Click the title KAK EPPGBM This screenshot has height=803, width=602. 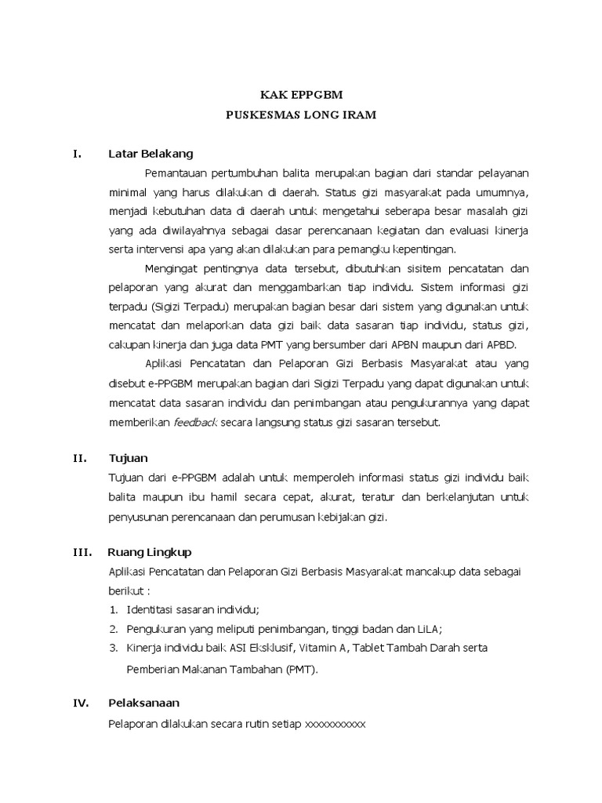[x=301, y=94]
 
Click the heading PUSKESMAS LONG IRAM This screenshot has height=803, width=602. [x=301, y=114]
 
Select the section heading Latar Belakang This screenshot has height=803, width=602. [x=150, y=153]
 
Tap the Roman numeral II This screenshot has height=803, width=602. [x=79, y=458]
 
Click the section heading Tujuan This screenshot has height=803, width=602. [x=128, y=458]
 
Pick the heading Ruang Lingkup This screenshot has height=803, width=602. [x=150, y=552]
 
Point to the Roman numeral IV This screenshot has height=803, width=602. [x=81, y=703]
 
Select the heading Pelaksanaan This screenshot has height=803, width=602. [x=143, y=703]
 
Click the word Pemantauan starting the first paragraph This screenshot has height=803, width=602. [x=173, y=173]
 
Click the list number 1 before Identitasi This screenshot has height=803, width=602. [x=114, y=609]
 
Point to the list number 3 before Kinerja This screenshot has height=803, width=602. [x=114, y=648]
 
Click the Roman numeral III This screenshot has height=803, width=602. [x=82, y=552]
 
